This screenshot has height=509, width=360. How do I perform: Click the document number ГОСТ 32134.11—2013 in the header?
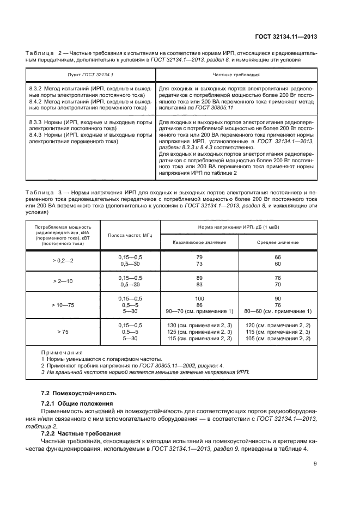click(x=287, y=37)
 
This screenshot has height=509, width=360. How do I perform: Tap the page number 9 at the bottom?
click(x=315, y=464)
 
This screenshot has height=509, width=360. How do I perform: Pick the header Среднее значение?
click(x=278, y=242)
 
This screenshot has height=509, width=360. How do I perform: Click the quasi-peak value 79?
click(x=199, y=257)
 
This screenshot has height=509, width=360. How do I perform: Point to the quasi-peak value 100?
click(x=199, y=298)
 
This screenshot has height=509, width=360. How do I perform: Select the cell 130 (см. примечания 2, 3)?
click(x=199, y=325)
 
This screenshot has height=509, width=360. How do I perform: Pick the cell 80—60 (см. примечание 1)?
click(x=278, y=311)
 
